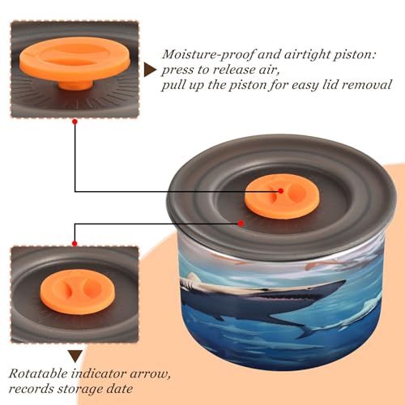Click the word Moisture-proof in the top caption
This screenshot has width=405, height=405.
(x=208, y=55)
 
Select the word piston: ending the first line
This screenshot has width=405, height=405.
(x=355, y=55)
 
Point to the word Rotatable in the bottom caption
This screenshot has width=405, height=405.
(x=38, y=373)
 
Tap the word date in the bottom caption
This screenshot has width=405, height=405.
(x=120, y=389)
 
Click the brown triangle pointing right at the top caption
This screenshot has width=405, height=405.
(x=150, y=70)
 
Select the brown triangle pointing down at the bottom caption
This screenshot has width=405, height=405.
(x=75, y=356)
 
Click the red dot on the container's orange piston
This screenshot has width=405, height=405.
(x=281, y=191)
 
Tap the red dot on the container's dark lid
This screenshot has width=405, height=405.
(x=241, y=224)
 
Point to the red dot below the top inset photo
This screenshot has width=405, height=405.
(x=75, y=122)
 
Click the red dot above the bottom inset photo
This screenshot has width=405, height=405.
(x=75, y=244)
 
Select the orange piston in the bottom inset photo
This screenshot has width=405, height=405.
(x=78, y=292)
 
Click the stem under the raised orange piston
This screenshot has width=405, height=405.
(x=75, y=84)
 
